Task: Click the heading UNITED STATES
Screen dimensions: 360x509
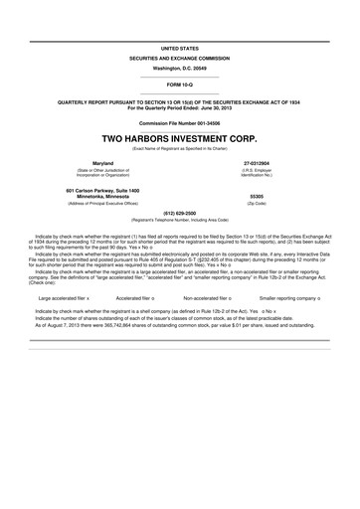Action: click(x=179, y=48)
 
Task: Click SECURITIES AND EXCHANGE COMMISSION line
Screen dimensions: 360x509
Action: click(x=179, y=58)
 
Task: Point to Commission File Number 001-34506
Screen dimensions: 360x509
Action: click(x=179, y=122)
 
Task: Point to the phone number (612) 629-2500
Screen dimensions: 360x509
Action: click(x=179, y=213)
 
